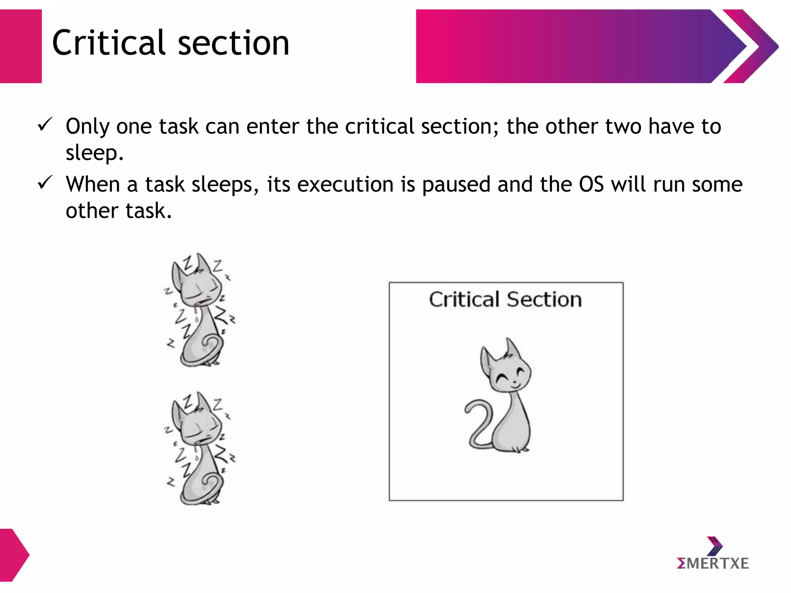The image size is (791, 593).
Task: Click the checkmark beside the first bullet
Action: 45,125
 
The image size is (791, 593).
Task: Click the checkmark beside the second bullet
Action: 45,183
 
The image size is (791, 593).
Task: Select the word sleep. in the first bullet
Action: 95,153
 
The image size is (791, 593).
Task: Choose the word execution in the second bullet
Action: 345,185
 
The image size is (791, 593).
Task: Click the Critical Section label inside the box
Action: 505,300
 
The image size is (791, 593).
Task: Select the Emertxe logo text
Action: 713,563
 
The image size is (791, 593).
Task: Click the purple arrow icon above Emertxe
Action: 715,546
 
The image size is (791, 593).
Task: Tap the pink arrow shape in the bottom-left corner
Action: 14,555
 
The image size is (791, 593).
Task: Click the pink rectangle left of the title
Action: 20,46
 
